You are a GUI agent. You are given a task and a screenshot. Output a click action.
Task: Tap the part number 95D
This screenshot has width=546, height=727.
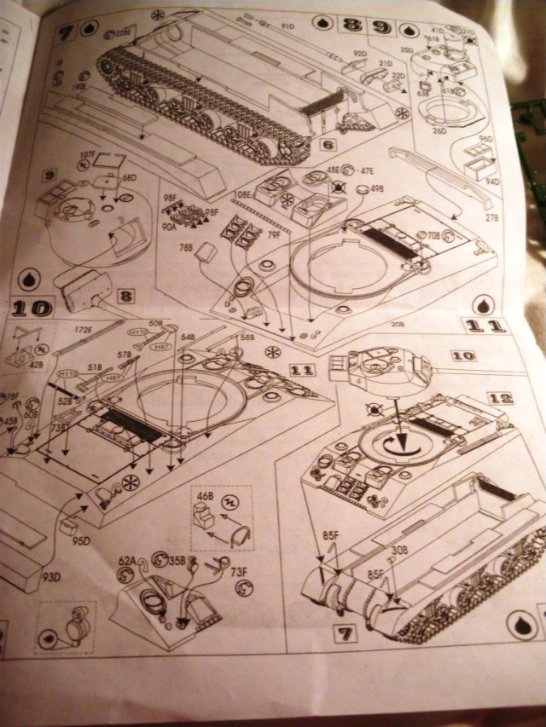80,540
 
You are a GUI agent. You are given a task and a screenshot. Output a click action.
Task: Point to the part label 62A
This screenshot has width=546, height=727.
126,562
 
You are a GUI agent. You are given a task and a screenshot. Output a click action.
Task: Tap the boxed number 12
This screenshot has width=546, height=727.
501,398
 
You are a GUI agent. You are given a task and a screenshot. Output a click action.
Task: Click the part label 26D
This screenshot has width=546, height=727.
439,130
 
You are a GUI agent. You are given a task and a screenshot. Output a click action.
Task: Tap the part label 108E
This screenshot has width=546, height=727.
242,194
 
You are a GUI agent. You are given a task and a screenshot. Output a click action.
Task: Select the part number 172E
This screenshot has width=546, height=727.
82,327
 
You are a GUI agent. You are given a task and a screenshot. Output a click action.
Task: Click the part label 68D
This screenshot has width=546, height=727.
130,177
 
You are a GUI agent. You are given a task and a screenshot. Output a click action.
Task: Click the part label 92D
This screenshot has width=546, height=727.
359,55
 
